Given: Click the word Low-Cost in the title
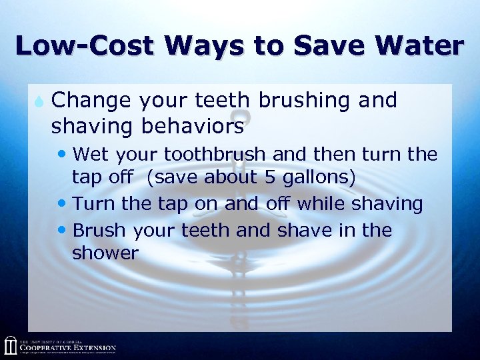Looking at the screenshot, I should (83, 45).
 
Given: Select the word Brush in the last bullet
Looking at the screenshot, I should (99, 230).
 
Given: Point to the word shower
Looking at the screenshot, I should (105, 253).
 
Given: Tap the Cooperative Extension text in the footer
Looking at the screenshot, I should (67, 347).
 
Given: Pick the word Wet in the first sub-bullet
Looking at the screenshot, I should (91, 155).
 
